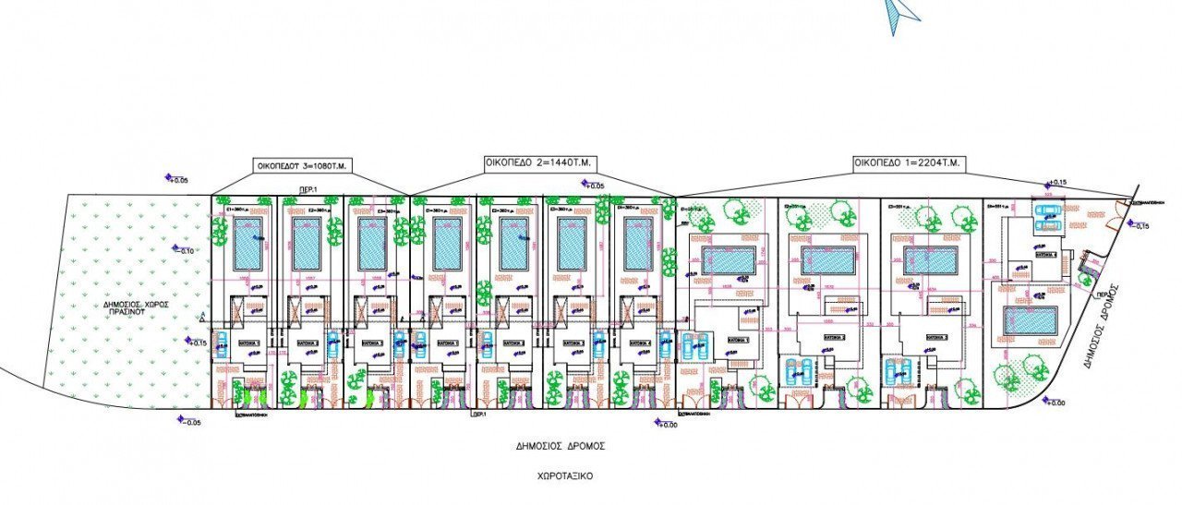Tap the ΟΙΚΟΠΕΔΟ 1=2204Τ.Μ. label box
[908, 163]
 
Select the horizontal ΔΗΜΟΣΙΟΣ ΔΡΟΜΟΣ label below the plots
[560, 446]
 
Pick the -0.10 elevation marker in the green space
[185, 250]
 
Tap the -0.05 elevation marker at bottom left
[187, 421]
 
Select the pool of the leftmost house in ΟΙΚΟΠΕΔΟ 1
[729, 261]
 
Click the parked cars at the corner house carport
[1047, 216]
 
